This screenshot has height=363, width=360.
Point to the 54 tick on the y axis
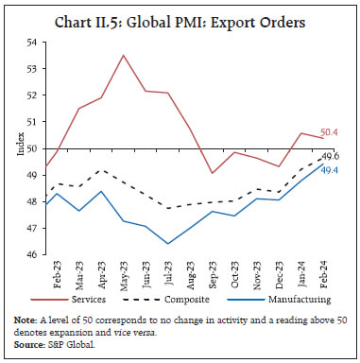point(32,43)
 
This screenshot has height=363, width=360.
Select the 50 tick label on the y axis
point(32,148)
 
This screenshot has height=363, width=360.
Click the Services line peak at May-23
point(123,55)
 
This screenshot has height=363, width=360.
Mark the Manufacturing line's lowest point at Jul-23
point(169,244)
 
